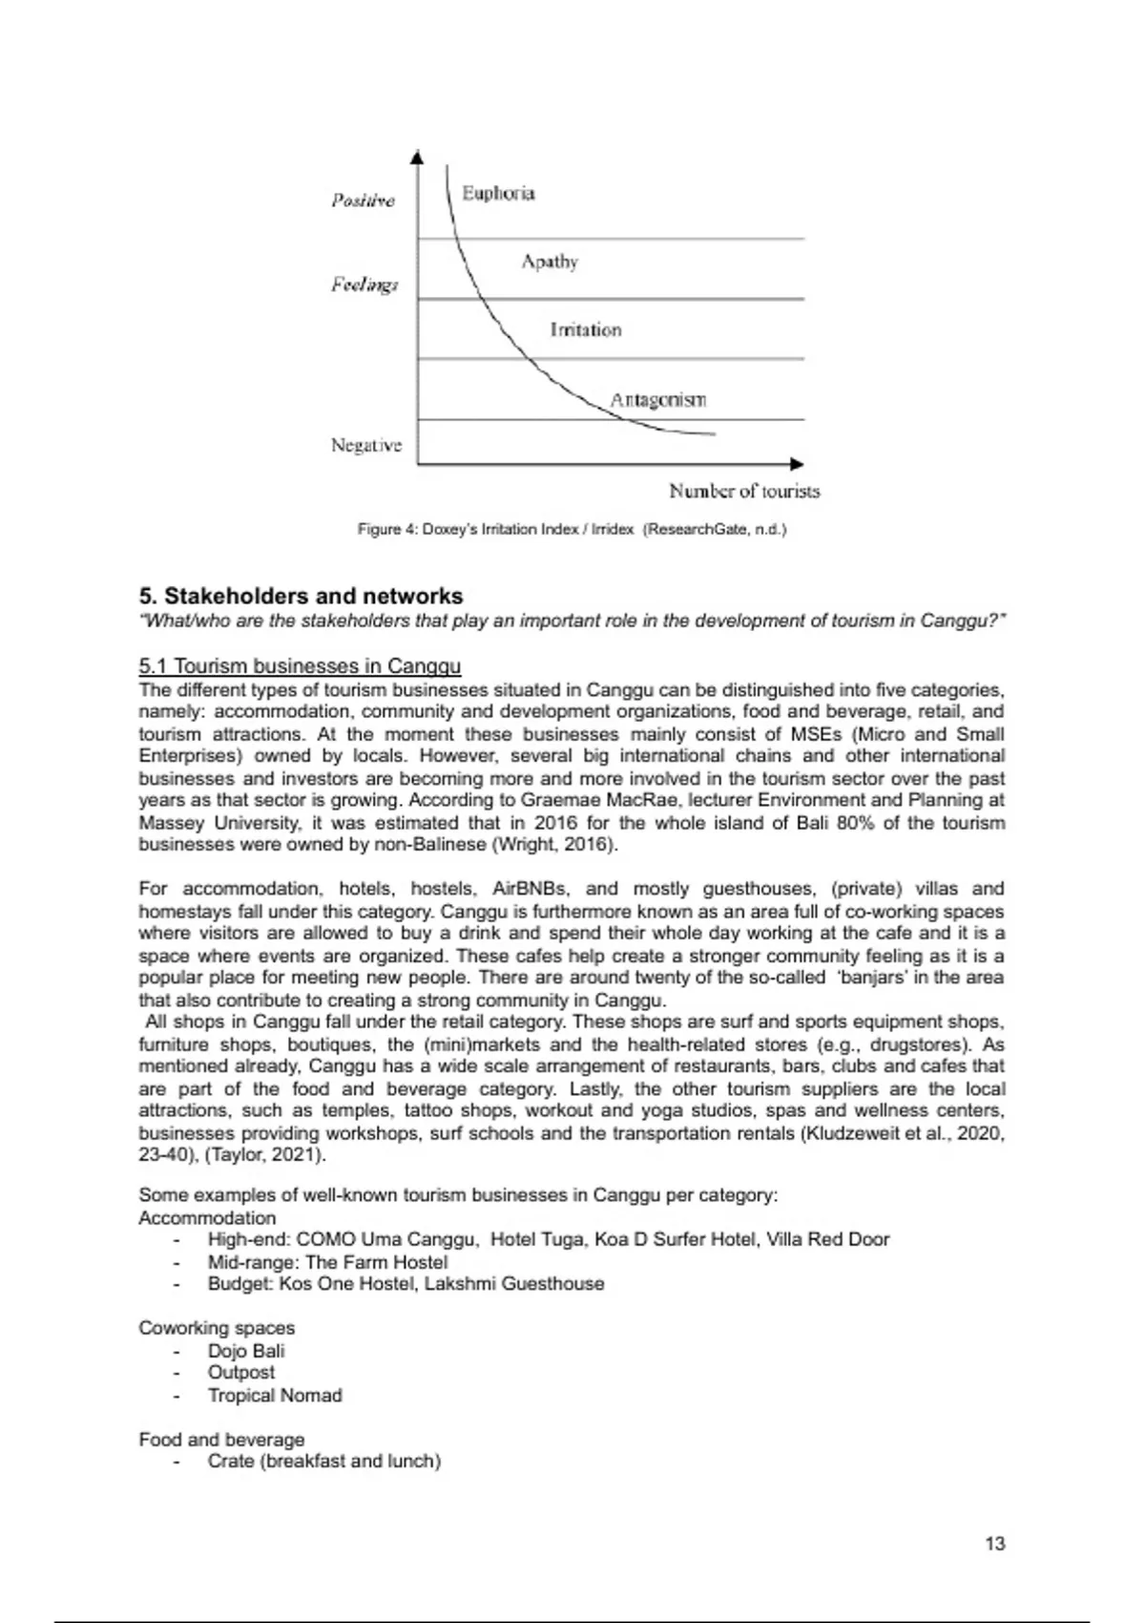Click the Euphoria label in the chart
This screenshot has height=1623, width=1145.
[x=498, y=194]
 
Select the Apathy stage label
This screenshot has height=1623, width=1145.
[x=550, y=262]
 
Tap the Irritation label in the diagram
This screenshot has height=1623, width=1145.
[x=585, y=330]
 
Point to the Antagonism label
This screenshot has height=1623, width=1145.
[x=658, y=400]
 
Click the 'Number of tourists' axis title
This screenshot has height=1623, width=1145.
[x=744, y=492]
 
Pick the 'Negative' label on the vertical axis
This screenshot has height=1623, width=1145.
[x=366, y=446]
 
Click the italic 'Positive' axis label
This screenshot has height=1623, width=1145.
[x=363, y=200]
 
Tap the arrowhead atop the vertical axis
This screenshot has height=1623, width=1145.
[x=417, y=157]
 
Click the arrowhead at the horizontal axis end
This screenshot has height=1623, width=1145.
[x=798, y=464]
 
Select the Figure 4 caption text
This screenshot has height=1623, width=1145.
[x=572, y=529]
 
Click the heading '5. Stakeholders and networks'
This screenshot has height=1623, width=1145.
[x=301, y=597]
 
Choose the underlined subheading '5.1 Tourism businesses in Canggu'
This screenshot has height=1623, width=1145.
[x=300, y=666]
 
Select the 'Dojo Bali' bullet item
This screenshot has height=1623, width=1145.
[x=246, y=1351]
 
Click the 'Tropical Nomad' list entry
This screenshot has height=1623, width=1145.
[x=275, y=1396]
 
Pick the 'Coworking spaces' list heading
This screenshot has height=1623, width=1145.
[x=217, y=1328]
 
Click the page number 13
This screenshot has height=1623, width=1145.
[x=994, y=1544]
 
